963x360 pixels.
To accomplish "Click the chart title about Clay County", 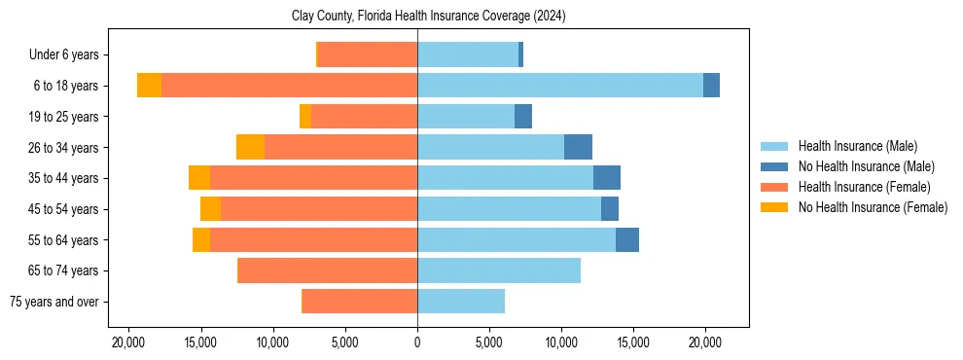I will click(x=429, y=17).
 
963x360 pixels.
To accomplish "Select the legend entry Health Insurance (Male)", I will click(x=856, y=147).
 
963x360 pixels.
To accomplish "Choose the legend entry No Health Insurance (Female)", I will click(x=873, y=207).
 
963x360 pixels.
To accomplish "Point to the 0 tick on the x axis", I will click(x=417, y=342).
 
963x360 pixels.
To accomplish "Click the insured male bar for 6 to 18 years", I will click(x=560, y=86).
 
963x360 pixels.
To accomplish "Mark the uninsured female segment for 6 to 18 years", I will click(x=149, y=86).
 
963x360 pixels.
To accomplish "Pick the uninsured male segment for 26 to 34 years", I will click(x=578, y=147).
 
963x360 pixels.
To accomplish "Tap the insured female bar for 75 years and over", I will click(x=360, y=302).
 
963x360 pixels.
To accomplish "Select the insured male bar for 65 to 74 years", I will click(x=499, y=270).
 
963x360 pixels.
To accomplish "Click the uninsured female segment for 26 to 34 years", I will click(x=250, y=147).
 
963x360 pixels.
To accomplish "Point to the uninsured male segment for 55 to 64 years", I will click(x=627, y=239).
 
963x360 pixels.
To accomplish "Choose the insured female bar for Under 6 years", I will click(x=368, y=55).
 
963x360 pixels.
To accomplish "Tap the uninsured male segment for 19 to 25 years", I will click(x=523, y=117).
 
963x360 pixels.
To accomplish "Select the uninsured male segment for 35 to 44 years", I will click(x=607, y=178).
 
